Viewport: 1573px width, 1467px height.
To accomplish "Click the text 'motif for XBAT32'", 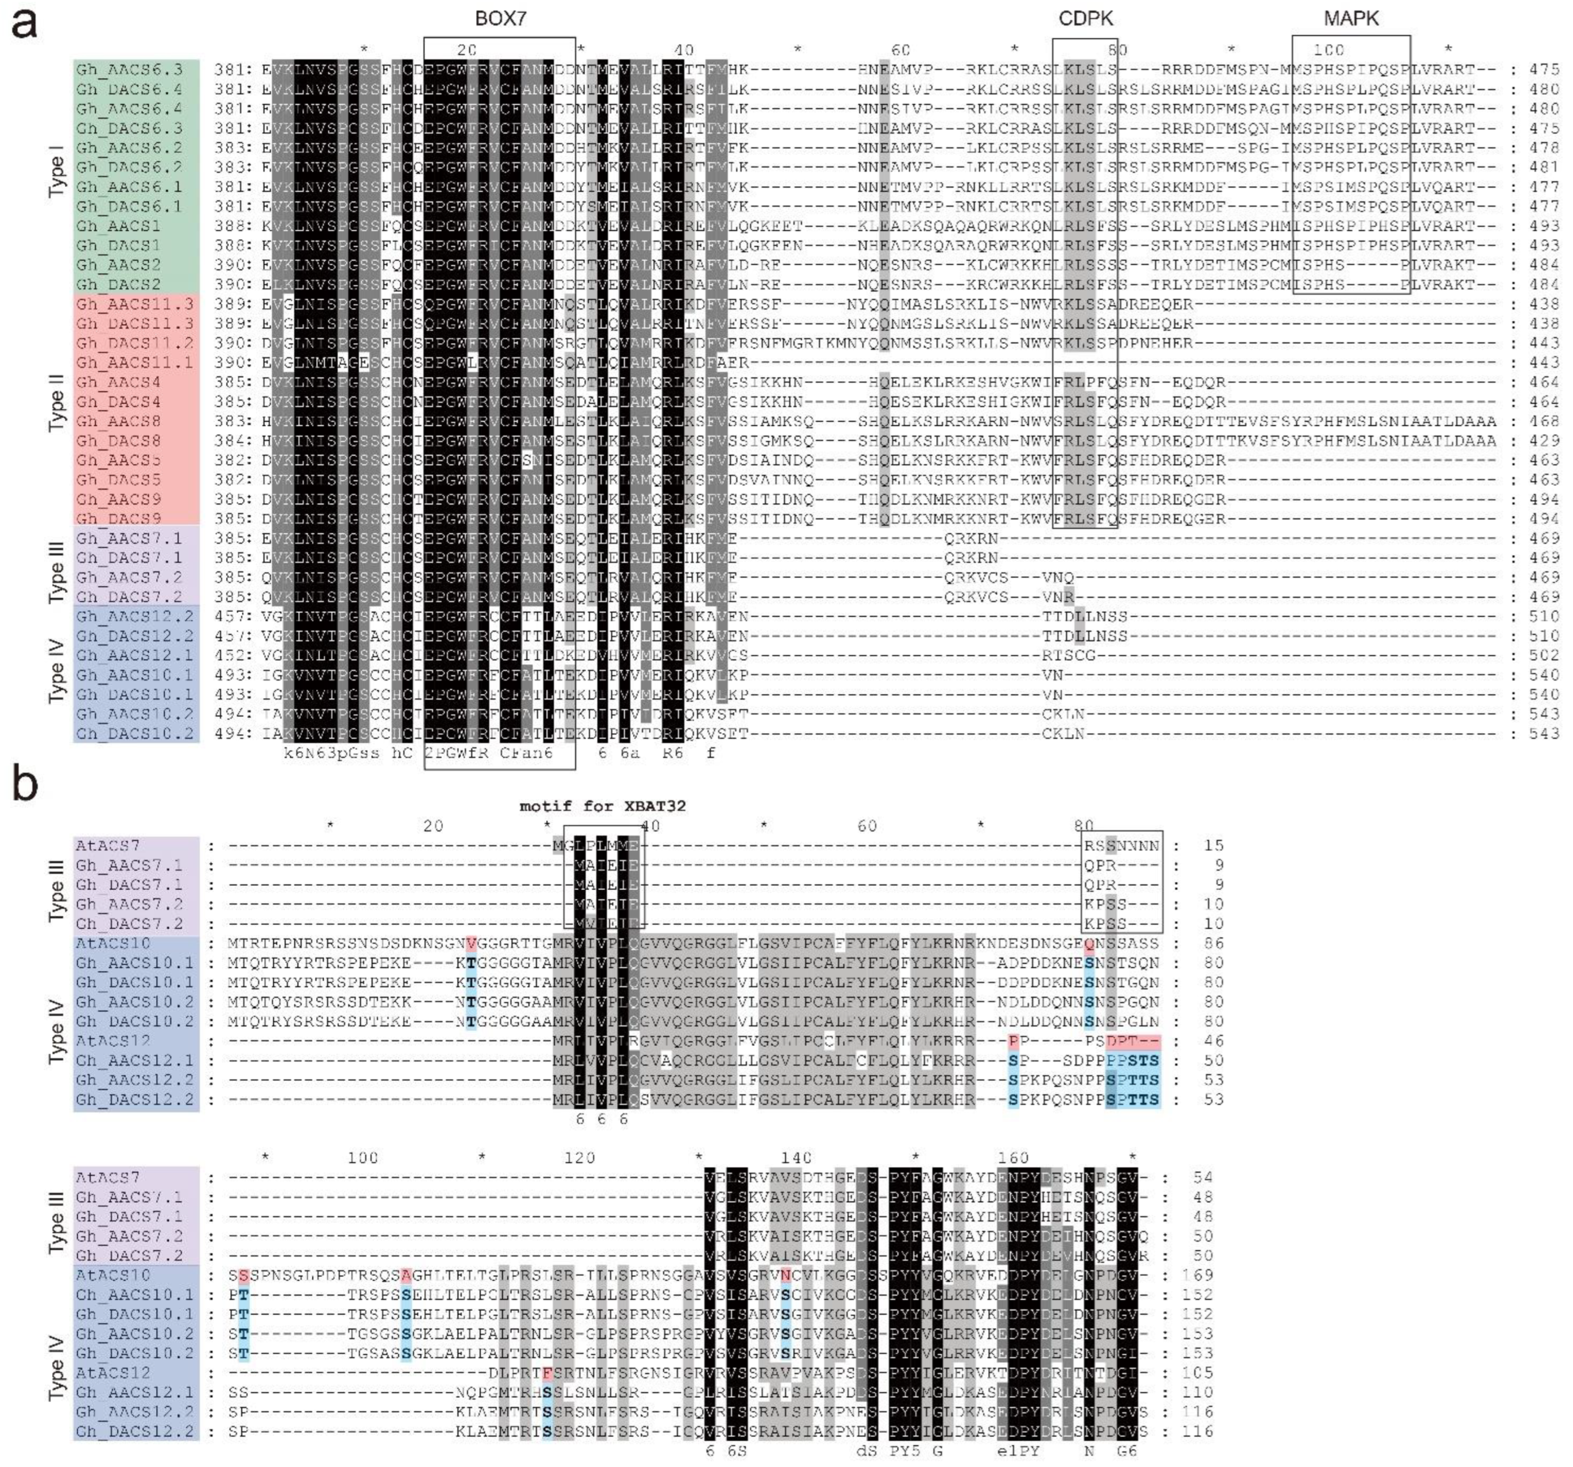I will [602, 806].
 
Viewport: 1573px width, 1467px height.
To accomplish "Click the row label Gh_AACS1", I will [118, 225].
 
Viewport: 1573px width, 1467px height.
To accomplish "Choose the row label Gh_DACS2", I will [118, 284].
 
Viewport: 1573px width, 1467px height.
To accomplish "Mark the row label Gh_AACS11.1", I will [134, 362].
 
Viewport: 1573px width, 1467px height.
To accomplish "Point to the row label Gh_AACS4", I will [118, 382].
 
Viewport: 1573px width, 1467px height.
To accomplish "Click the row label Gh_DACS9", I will [118, 519].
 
